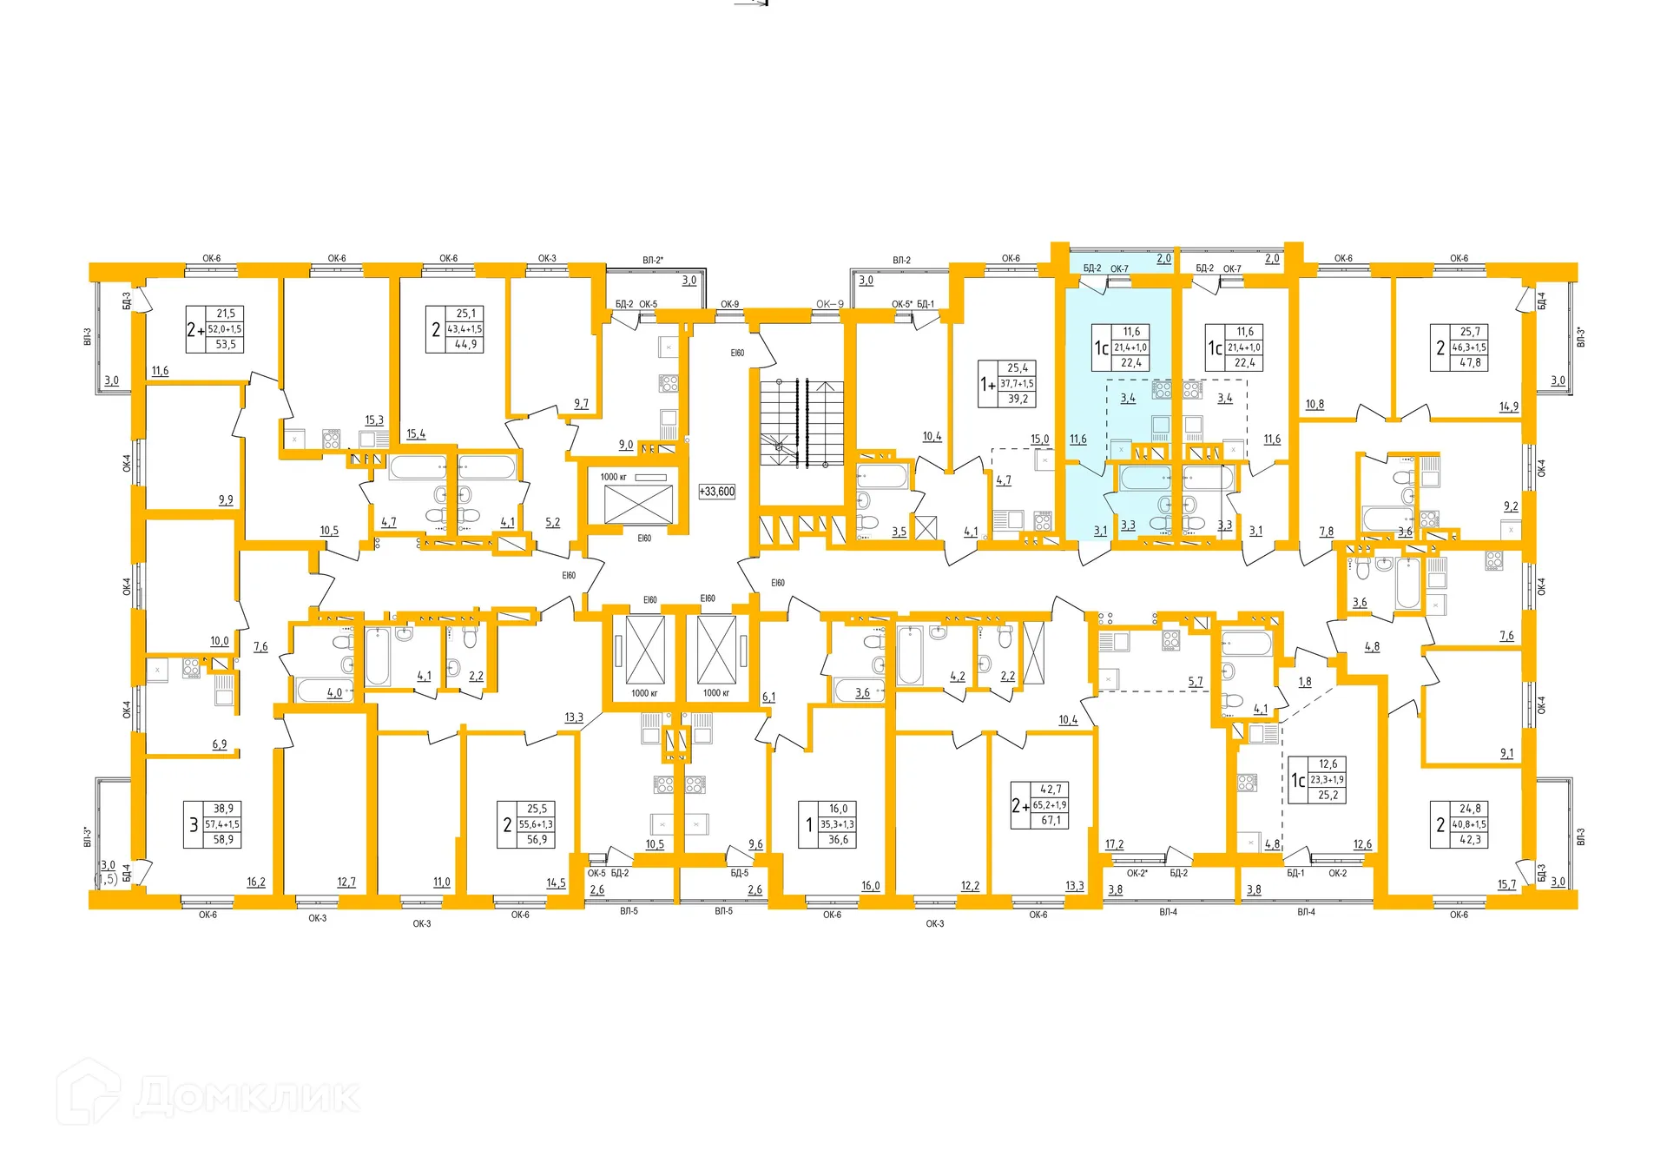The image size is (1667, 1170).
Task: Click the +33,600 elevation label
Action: pos(717,492)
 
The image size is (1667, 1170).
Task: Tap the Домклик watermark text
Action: pos(247,1096)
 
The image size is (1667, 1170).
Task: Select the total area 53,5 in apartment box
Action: pos(226,345)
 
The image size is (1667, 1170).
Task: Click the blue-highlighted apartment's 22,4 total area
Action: pos(1131,363)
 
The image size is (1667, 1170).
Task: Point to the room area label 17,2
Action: pos(1115,844)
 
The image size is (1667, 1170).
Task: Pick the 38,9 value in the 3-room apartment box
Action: pos(223,809)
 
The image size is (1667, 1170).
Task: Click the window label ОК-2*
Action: pos(1137,873)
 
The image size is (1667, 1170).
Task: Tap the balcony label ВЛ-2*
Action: pos(653,261)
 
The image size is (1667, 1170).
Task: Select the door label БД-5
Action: pos(739,873)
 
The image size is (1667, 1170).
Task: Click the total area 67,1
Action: pos(1051,821)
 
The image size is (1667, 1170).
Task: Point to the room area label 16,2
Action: pos(256,882)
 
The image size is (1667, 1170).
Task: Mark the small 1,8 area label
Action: pos(1305,683)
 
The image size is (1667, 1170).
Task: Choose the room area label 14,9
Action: pos(1509,407)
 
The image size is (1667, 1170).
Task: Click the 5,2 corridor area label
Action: pos(553,523)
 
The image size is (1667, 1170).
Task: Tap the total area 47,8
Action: pos(1470,363)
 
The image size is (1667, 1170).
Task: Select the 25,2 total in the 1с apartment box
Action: pos(1328,796)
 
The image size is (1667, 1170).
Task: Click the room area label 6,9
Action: pos(220,744)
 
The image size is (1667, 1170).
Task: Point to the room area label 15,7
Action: pos(1506,885)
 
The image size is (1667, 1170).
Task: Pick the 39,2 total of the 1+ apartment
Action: pos(1018,400)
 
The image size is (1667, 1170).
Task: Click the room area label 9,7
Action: pos(581,404)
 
